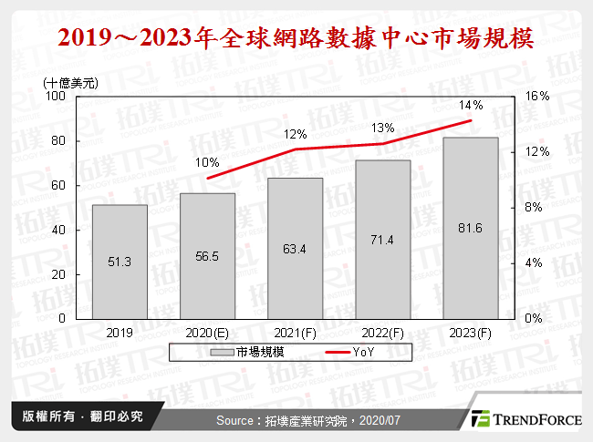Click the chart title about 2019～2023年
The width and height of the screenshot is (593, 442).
(x=296, y=39)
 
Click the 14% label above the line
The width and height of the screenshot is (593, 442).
(x=471, y=105)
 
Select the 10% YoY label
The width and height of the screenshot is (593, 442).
(x=208, y=162)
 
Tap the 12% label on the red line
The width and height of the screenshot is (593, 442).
(x=295, y=134)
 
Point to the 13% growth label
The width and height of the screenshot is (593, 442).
(x=383, y=128)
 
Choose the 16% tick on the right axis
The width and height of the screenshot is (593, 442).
(x=537, y=96)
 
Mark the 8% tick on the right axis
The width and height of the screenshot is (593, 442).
(x=535, y=207)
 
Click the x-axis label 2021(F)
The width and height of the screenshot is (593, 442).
(x=296, y=333)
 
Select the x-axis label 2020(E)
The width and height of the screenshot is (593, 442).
(x=208, y=333)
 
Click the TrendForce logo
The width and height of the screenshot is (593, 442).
(x=525, y=419)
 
